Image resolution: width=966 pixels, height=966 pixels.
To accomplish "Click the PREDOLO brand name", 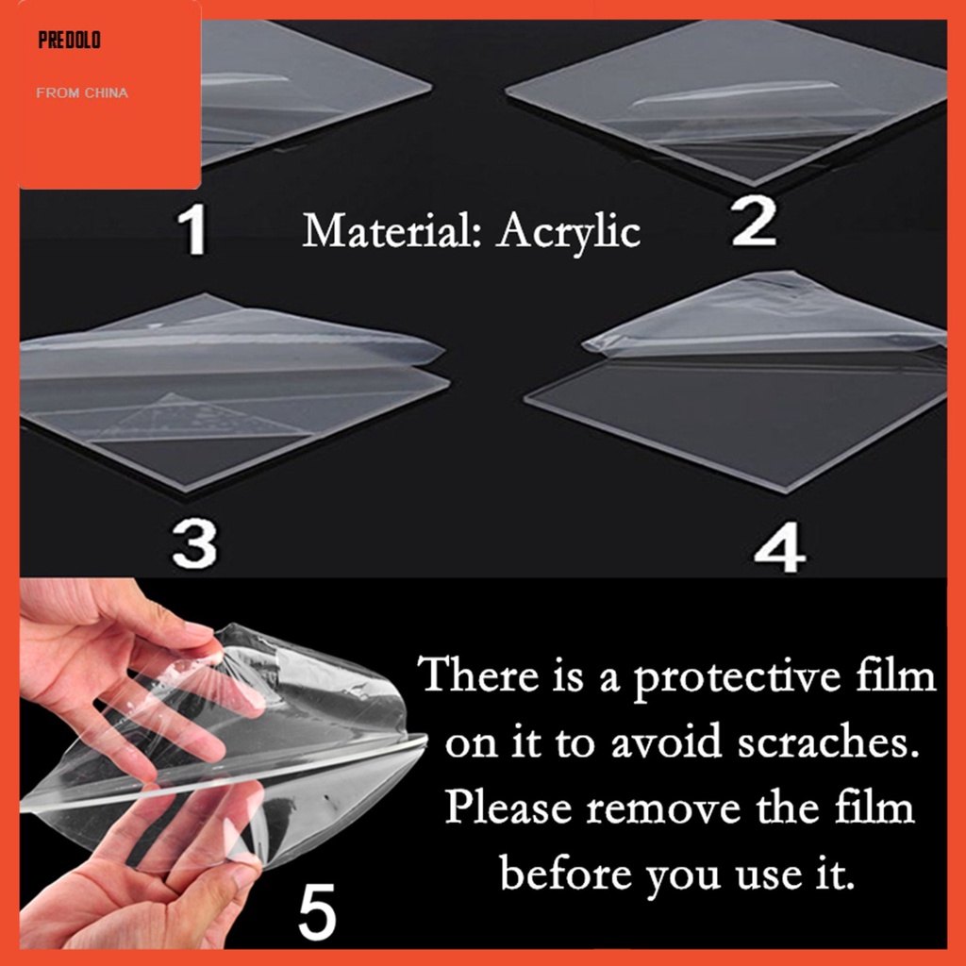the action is [x=69, y=40].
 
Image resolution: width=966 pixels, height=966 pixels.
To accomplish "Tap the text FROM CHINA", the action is [x=82, y=93].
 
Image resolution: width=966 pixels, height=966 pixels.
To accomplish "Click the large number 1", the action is [x=193, y=229].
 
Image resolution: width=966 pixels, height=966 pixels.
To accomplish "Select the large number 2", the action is [x=754, y=222].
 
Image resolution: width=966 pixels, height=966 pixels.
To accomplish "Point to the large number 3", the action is [x=194, y=543].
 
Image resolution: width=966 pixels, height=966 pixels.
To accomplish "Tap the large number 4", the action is [x=779, y=548].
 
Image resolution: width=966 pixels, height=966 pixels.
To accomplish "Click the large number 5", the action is [x=317, y=911].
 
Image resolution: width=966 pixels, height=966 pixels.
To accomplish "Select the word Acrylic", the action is [x=569, y=233].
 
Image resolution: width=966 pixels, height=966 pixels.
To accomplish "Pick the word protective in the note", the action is [x=737, y=677].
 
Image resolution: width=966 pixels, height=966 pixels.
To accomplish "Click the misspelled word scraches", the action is [x=828, y=742].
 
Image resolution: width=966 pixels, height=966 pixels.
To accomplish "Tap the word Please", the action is [x=508, y=808].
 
